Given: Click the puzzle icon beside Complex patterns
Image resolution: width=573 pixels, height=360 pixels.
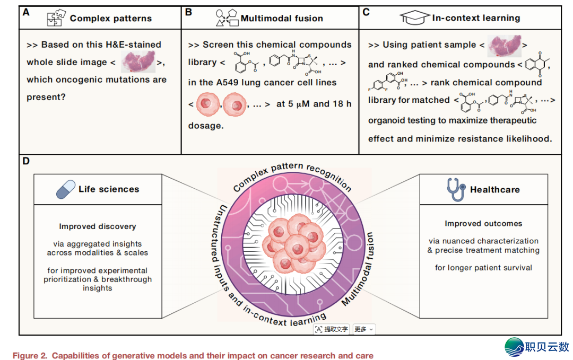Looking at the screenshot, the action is coord(56,17).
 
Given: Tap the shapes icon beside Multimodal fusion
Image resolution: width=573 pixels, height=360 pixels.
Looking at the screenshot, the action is coord(227,18).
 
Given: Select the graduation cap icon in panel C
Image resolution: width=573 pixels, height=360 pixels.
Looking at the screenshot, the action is coord(415,17).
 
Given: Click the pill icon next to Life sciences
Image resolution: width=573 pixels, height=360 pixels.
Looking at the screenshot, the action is coord(66,189).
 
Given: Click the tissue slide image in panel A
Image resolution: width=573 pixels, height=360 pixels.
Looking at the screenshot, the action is coord(138,61).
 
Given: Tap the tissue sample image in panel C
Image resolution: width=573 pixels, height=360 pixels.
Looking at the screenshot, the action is coord(505,45).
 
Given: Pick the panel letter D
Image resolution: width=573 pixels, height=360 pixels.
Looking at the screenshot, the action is coord(26,161).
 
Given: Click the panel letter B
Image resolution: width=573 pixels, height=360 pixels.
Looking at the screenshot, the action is coord(188,12).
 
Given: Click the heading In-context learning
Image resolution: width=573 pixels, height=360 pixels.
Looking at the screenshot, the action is coord(476,18).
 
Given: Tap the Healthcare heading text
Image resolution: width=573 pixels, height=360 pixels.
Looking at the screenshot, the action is coord(495,189).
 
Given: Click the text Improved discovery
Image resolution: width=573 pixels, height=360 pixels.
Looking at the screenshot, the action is coord(98,226).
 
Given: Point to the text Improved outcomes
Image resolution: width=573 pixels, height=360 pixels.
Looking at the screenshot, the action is coord(483,223).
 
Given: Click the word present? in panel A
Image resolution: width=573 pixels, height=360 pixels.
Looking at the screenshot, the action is coord(46,98).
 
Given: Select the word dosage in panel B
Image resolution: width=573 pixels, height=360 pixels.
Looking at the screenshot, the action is coord(205,126).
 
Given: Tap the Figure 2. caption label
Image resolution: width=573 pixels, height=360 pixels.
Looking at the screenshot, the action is coord(30,356).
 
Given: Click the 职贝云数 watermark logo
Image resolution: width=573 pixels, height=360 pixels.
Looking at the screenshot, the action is coord(537,347).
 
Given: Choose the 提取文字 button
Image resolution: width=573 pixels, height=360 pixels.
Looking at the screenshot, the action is coord(332,329).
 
